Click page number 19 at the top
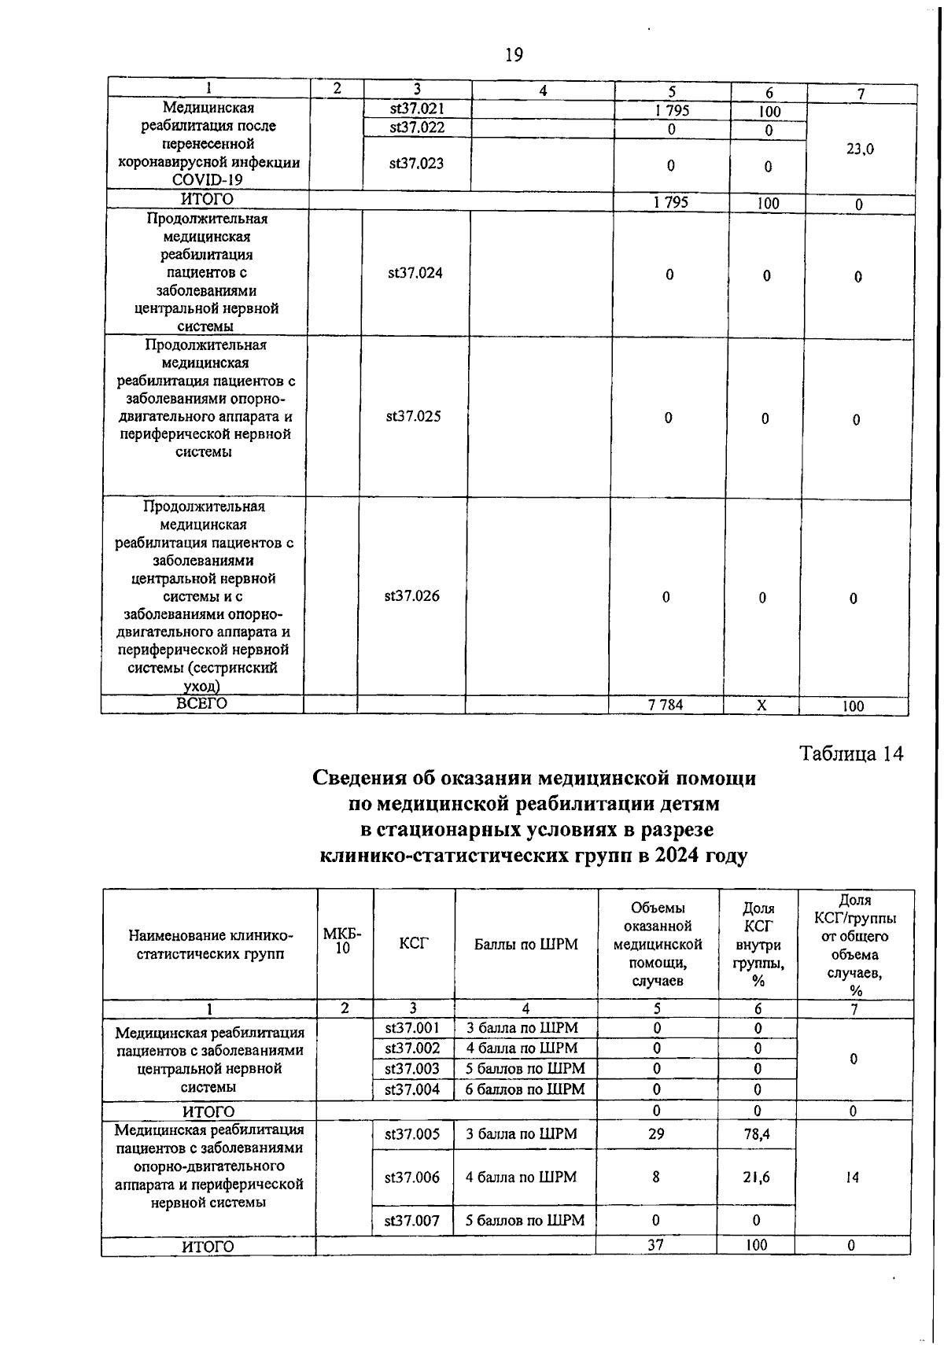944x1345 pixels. [514, 55]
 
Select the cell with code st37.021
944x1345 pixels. [417, 109]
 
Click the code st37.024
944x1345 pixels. [415, 273]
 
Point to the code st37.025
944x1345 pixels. [413, 416]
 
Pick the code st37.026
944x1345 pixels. [411, 595]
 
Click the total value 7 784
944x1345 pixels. [666, 705]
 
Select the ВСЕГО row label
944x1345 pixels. [202, 703]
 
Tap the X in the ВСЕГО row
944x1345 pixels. [761, 706]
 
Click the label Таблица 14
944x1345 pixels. [851, 754]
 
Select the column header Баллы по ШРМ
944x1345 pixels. [525, 944]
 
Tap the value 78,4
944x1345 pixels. [757, 1134]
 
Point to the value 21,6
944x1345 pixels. [756, 1177]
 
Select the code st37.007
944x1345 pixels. [411, 1221]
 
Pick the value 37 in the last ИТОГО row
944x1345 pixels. [655, 1245]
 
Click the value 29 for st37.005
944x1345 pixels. [656, 1133]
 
